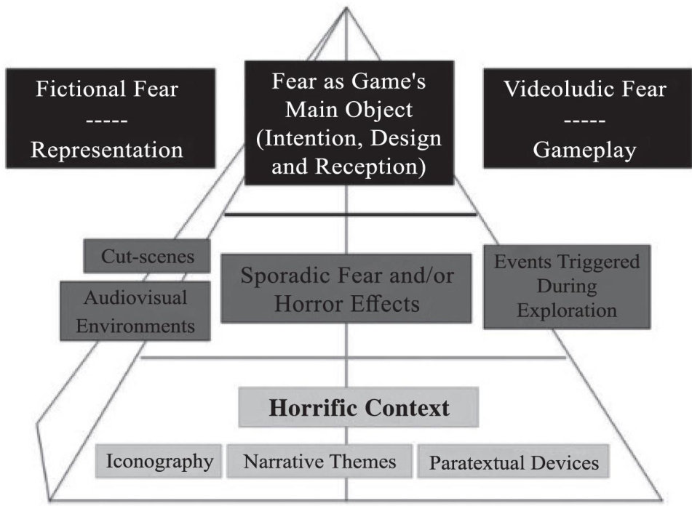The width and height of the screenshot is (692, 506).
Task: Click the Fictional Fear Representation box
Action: tap(110, 118)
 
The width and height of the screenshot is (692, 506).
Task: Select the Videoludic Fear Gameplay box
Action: tap(584, 118)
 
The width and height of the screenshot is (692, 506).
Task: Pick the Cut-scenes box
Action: tap(147, 257)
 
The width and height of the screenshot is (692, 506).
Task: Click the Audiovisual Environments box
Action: tap(135, 311)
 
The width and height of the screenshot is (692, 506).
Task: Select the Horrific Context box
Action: tap(359, 407)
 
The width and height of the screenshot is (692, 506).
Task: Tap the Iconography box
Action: tap(159, 461)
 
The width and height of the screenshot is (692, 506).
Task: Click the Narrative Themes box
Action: tap(319, 461)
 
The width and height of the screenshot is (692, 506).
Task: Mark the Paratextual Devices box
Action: tap(514, 462)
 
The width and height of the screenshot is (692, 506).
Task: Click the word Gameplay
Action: tap(584, 150)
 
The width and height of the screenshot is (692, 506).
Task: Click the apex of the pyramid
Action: tap(346, 9)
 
